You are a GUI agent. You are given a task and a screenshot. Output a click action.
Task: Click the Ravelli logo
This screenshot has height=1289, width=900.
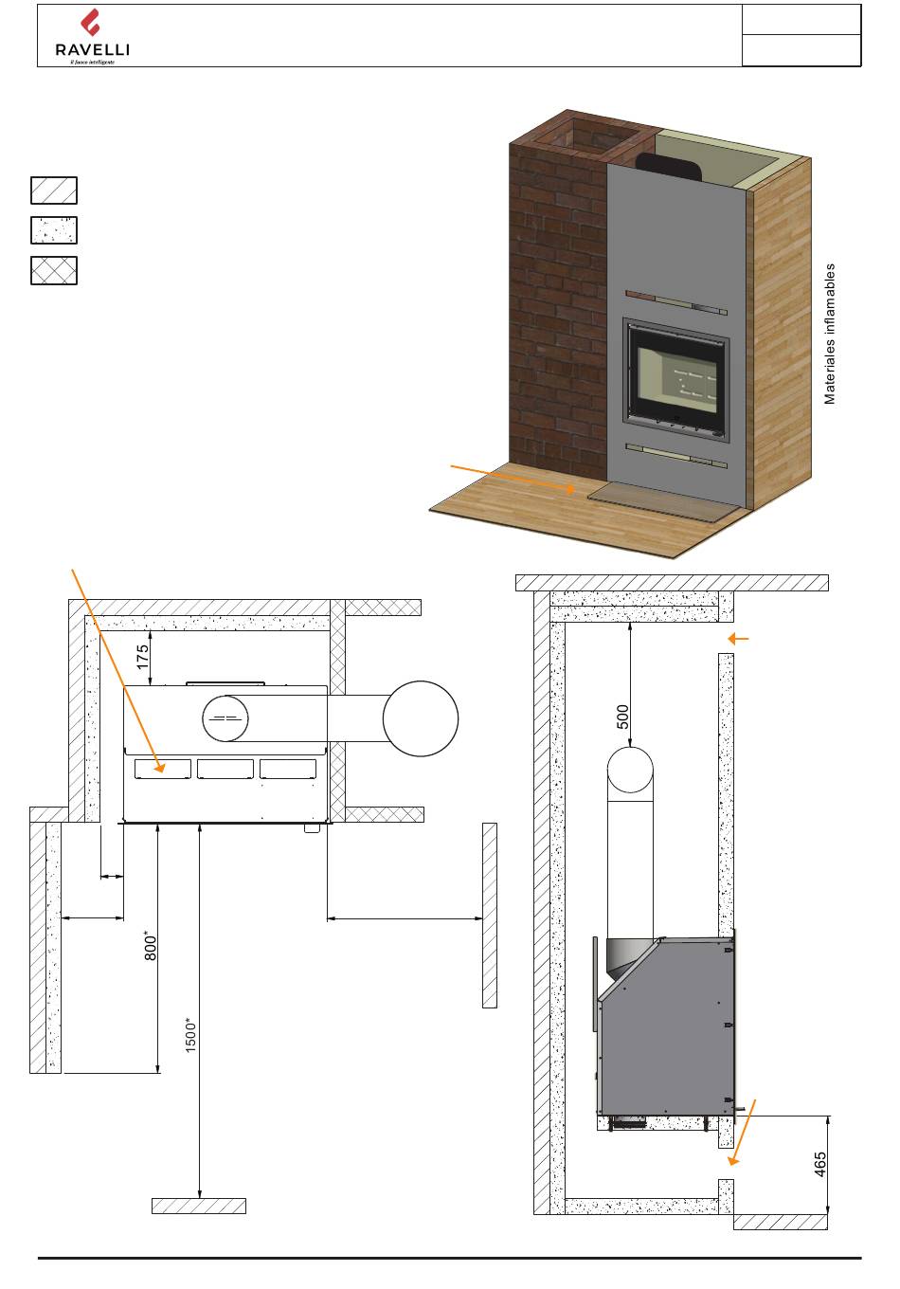(x=92, y=37)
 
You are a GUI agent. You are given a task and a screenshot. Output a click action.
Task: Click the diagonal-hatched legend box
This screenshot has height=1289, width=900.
(x=53, y=191)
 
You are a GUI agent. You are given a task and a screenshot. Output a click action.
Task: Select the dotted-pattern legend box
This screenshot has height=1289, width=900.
(x=53, y=230)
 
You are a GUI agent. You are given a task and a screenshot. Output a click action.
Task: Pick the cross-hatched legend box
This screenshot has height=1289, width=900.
(x=53, y=270)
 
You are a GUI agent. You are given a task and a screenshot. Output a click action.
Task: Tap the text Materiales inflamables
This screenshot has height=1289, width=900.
(x=830, y=334)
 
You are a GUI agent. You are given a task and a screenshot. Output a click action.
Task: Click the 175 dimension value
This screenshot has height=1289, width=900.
(x=143, y=658)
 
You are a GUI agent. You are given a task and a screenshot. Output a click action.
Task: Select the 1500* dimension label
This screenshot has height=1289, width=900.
(x=190, y=1036)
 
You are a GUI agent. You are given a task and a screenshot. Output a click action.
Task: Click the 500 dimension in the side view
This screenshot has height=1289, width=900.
(x=622, y=716)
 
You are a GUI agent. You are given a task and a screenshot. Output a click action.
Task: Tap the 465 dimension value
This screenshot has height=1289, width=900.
(x=820, y=1165)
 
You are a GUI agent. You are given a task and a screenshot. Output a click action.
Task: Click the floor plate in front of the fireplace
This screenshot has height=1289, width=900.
(x=662, y=499)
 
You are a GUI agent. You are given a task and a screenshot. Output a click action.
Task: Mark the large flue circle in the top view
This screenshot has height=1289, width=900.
(x=421, y=718)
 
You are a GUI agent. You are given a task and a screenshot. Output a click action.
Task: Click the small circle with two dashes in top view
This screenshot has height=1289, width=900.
(x=225, y=718)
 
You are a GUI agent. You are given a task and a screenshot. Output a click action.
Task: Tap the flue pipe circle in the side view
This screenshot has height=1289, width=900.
(x=630, y=769)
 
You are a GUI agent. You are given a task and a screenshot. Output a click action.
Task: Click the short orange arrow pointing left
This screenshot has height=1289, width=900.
(x=737, y=640)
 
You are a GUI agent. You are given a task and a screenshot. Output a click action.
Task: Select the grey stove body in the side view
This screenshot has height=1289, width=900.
(x=668, y=1024)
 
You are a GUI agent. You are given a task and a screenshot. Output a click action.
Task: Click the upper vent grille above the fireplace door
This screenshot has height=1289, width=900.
(x=675, y=305)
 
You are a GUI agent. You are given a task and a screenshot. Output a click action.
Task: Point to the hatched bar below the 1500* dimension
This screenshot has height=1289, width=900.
(x=199, y=1206)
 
